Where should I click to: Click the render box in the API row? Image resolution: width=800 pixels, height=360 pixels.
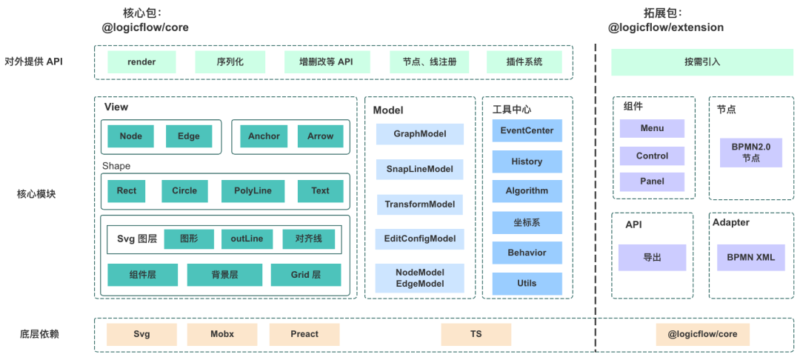[141, 62]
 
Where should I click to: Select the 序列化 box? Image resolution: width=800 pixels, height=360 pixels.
[230, 62]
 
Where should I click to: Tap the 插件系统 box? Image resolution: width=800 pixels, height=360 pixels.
[524, 62]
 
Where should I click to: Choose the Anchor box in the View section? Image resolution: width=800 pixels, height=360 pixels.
[264, 136]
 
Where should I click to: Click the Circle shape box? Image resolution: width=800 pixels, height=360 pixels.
[184, 191]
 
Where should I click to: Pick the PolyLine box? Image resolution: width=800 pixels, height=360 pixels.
[253, 191]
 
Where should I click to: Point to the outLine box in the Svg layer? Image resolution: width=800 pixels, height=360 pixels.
[247, 239]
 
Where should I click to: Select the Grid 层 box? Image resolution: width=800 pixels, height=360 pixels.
[306, 275]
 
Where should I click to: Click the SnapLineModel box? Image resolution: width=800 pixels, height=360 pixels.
[420, 169]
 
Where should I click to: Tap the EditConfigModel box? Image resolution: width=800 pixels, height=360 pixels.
[420, 239]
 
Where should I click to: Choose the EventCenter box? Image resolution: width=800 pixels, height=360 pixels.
[527, 130]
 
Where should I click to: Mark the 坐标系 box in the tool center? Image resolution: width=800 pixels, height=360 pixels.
[527, 222]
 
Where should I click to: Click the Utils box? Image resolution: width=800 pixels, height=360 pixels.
[527, 283]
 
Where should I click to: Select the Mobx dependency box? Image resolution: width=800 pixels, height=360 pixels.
[222, 335]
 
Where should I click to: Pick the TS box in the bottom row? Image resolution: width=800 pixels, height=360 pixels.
[476, 335]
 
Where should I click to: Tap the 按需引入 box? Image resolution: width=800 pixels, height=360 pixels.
[702, 62]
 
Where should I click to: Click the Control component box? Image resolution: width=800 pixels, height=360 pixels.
[652, 156]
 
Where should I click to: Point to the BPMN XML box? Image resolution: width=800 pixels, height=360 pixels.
[750, 258]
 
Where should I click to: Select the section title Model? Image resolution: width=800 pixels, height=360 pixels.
[388, 110]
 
